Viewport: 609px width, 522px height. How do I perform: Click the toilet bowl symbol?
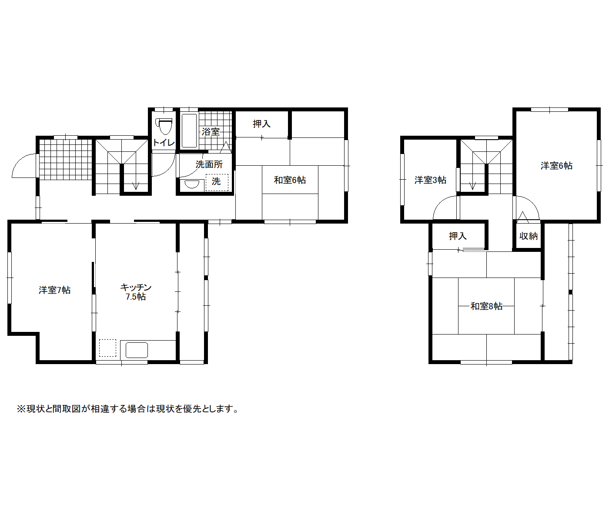coord(164,127)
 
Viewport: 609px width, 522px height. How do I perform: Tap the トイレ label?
coord(164,143)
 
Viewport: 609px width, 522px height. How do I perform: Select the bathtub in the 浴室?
coord(189,131)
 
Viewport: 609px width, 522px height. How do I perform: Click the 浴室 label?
coord(211,132)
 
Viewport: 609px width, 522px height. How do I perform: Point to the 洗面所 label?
coord(209,164)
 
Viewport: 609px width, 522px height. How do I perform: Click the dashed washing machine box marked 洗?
coord(217,182)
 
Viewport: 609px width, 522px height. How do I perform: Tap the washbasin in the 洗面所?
coord(191,184)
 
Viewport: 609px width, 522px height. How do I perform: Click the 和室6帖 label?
coord(290,180)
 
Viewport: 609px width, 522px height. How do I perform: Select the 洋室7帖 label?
coord(54,290)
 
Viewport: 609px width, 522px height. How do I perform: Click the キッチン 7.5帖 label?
coord(136,291)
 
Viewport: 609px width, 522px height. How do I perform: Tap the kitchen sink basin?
coord(137,350)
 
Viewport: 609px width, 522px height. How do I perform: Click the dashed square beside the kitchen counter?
coord(107,348)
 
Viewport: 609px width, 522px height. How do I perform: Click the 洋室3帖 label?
coord(431,180)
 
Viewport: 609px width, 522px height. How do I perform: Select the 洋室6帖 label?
coord(556,166)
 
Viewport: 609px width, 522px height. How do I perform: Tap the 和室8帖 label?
coord(486,306)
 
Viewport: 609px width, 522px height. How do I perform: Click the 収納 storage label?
coord(528,236)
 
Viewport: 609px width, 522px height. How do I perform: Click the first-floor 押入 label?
coord(261,124)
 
